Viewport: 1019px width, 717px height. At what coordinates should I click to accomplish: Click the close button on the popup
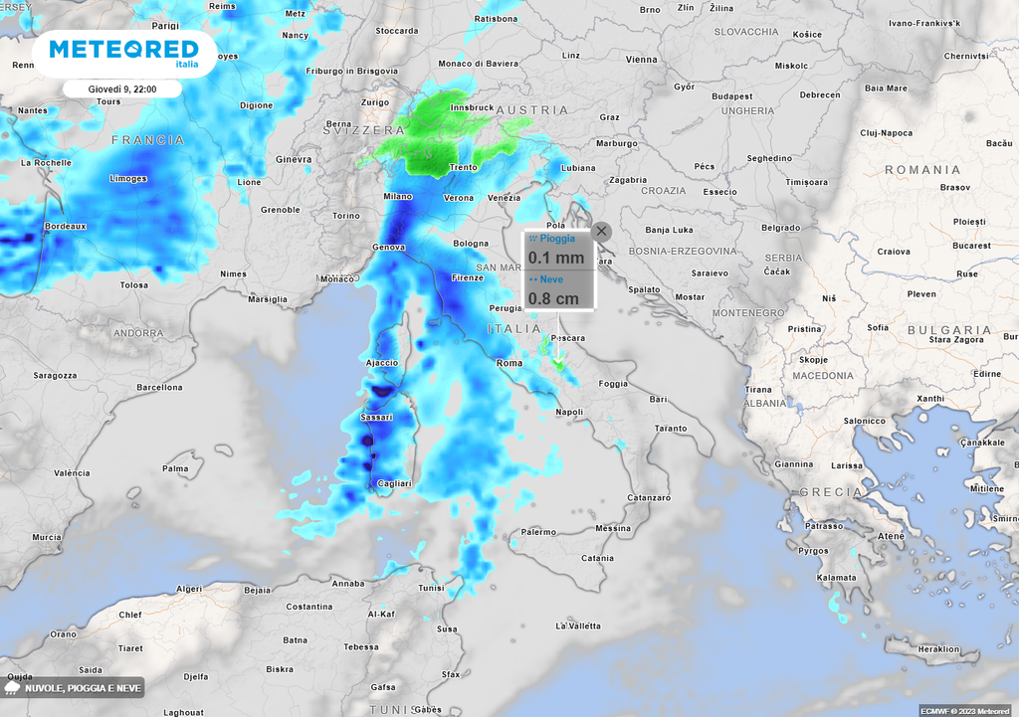(601, 231)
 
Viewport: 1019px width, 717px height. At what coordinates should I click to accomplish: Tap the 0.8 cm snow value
(553, 297)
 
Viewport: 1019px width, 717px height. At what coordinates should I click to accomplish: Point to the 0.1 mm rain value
(555, 258)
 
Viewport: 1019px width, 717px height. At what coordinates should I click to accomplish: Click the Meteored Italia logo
(123, 52)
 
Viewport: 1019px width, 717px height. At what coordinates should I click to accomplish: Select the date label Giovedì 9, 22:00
(121, 90)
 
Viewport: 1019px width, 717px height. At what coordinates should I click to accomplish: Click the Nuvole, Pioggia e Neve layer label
(84, 688)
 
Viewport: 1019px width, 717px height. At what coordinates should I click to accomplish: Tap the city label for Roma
(509, 363)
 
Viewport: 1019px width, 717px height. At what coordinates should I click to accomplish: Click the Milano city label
(398, 197)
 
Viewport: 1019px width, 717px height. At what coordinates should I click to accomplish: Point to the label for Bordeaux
(66, 227)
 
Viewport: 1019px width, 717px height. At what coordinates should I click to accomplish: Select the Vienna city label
(642, 60)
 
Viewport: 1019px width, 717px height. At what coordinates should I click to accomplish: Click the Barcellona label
(159, 387)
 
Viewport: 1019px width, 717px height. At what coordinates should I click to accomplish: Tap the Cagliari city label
(394, 483)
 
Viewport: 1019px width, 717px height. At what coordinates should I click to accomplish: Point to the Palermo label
(538, 532)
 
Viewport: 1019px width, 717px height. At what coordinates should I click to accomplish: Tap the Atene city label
(891, 536)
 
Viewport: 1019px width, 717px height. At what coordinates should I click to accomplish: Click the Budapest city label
(731, 96)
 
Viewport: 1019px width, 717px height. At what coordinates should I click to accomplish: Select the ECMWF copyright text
(964, 710)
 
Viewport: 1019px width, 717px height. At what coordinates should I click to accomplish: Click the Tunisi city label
(431, 588)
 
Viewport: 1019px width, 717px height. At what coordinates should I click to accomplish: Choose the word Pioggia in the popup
(557, 240)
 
